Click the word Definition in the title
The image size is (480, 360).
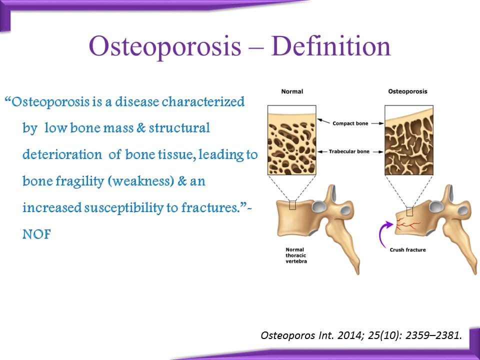point(330,46)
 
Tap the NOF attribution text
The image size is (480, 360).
point(36,234)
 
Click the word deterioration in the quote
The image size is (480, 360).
point(62,154)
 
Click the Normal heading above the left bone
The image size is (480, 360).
point(292,91)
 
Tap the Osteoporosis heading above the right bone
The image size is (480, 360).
point(407,91)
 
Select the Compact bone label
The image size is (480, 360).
point(350,123)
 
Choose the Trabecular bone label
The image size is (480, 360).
point(349,151)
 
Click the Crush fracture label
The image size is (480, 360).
point(407,250)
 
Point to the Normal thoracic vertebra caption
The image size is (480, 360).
point(296,255)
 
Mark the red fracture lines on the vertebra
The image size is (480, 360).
point(408,224)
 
